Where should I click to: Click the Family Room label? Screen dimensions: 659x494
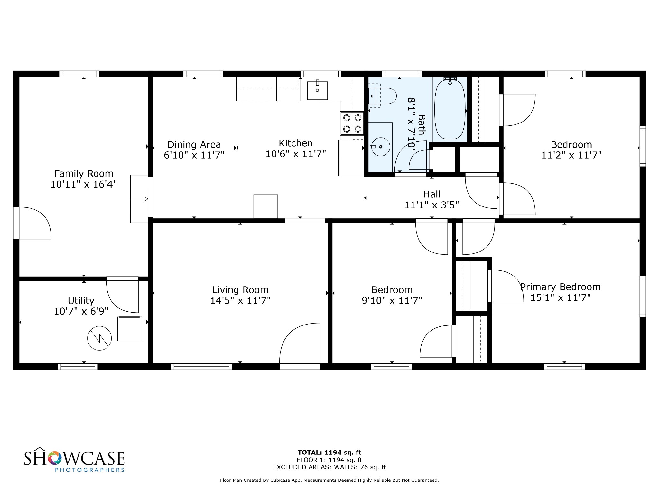pos(84,174)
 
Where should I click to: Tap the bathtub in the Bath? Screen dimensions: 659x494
pos(450,109)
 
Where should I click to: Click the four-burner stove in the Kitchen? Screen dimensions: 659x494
pos(352,123)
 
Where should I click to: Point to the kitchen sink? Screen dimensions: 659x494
pos(317,90)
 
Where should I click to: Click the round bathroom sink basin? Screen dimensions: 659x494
pos(381,147)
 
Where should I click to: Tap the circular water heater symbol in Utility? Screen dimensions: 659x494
pos(99,338)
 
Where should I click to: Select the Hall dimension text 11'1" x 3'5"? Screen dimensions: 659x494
pos(432,205)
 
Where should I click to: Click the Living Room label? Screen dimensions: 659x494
pos(240,290)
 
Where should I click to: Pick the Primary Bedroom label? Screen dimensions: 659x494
pos(561,287)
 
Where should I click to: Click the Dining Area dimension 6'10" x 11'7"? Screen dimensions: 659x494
pos(194,155)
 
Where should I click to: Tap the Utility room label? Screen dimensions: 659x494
pos(81,301)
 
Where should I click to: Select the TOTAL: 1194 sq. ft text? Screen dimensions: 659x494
pos(329,453)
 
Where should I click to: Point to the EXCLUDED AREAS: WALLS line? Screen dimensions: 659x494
pos(329,467)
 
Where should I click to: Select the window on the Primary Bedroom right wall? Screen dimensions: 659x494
pos(643,297)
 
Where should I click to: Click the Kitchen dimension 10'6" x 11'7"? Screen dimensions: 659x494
pos(296,154)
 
